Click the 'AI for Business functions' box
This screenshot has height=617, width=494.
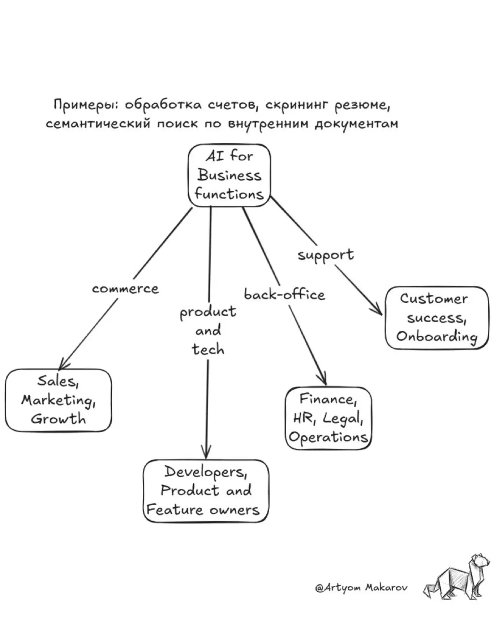click(x=229, y=175)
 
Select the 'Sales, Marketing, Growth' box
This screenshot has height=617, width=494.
click(x=58, y=401)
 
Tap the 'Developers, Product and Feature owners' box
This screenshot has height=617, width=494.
click(x=206, y=492)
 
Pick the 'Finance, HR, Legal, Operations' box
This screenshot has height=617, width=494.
click(x=329, y=418)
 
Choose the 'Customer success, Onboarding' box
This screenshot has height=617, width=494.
click(x=437, y=318)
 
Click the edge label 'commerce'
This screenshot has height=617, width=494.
click(x=125, y=289)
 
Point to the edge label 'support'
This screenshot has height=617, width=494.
click(x=326, y=255)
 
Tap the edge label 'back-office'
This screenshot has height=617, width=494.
click(x=284, y=295)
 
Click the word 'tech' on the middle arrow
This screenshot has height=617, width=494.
click(x=208, y=349)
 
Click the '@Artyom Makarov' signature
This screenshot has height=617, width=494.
click(x=361, y=588)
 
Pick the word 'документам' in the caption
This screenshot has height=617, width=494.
click(x=356, y=125)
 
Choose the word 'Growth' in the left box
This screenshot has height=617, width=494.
click(x=58, y=419)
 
